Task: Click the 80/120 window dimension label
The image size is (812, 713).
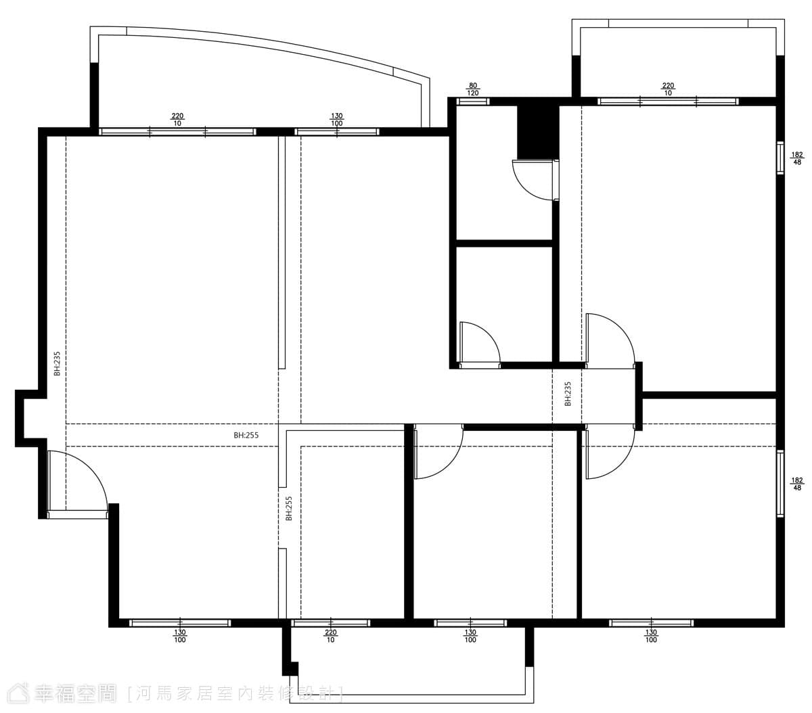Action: click(472, 89)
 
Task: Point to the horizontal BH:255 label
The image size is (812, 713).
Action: click(246, 435)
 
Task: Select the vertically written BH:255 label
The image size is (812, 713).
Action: click(289, 509)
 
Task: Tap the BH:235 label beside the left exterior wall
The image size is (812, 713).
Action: click(57, 363)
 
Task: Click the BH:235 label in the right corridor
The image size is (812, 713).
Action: click(568, 394)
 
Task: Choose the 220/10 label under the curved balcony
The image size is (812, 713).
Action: click(177, 120)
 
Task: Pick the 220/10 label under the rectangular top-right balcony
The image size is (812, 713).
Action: click(668, 89)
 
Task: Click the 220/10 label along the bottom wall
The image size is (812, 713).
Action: click(330, 636)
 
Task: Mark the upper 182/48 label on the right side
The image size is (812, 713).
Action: click(797, 158)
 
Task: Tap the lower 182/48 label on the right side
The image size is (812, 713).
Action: click(797, 484)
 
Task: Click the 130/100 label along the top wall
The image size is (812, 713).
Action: click(337, 120)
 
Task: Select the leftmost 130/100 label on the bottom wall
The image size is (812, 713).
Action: click(179, 636)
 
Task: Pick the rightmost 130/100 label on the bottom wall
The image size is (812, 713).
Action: click(651, 636)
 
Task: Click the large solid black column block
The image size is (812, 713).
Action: click(537, 133)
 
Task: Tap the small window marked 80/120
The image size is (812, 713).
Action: click(473, 101)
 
